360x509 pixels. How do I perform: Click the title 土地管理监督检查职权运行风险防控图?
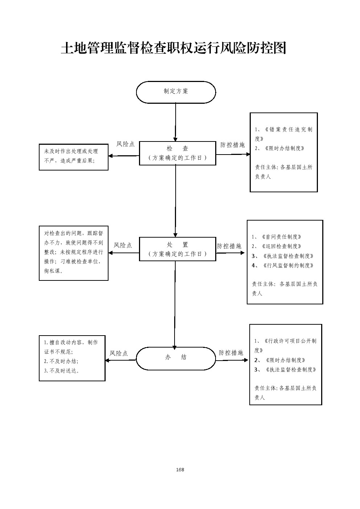tap(173, 48)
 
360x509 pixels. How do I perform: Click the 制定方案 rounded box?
tap(176, 92)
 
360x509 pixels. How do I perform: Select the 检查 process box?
tap(177, 153)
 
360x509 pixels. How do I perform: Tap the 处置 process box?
tap(177, 249)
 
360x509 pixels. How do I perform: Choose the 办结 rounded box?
tap(176, 358)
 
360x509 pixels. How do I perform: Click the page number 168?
tap(180, 469)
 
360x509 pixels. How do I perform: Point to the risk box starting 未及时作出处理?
tap(74, 157)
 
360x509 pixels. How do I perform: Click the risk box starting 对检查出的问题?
tap(74, 253)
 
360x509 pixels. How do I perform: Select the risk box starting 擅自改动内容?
tap(72, 358)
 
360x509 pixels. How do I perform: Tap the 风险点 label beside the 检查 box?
tap(125, 144)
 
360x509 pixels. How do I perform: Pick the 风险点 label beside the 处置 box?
tap(123, 245)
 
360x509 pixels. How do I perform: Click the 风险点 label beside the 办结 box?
tap(119, 353)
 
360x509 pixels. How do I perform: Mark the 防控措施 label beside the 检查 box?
tap(233, 145)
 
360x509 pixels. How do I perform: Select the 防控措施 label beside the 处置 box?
tap(229, 246)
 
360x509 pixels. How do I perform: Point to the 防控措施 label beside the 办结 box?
tap(231, 353)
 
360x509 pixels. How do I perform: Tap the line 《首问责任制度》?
tap(282, 237)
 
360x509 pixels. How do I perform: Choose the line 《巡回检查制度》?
tap(282, 246)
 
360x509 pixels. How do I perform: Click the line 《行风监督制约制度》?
tap(287, 266)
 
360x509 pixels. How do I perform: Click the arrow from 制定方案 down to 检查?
tap(176, 122)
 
